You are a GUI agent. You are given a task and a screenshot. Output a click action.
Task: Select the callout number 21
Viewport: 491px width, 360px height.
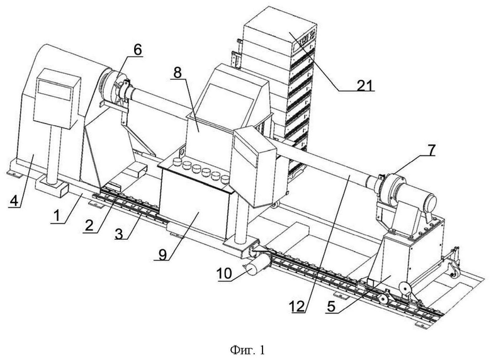click(x=365, y=85)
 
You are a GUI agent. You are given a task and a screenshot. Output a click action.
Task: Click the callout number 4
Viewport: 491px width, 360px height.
click(x=14, y=201)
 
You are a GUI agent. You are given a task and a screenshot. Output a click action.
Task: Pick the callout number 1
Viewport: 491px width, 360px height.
click(x=57, y=217)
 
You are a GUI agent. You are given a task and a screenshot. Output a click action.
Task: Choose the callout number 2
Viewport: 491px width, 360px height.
click(x=89, y=226)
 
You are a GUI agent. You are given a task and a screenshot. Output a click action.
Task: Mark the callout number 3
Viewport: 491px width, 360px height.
click(x=119, y=233)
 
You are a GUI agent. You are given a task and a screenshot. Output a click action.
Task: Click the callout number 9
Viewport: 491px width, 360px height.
click(x=162, y=254)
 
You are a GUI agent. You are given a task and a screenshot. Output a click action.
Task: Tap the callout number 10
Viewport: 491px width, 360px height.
click(x=224, y=274)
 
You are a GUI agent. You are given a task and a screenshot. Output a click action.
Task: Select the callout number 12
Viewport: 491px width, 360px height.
click(x=297, y=307)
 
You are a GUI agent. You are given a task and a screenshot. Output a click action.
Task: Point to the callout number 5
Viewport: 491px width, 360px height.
click(x=330, y=307)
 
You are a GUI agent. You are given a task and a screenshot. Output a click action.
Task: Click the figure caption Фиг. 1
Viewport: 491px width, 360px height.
click(x=247, y=350)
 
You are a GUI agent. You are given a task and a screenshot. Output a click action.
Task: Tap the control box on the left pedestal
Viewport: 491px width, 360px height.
click(x=57, y=98)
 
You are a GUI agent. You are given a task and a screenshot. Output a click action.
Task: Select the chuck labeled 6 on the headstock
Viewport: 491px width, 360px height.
click(x=113, y=87)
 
